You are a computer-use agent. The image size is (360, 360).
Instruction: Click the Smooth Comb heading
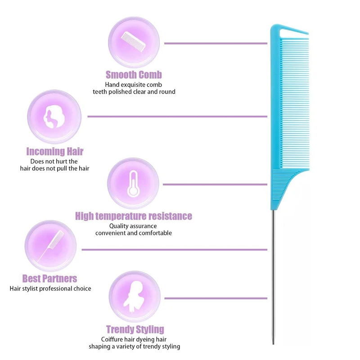tap(134, 75)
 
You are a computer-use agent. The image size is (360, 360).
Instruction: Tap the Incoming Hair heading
tap(54, 152)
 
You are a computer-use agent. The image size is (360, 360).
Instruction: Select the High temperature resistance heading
tap(133, 216)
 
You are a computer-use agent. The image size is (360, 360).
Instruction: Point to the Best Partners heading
tap(49, 279)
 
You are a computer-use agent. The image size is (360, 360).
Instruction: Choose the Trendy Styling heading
tap(135, 329)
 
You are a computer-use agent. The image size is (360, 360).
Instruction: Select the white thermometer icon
tap(133, 183)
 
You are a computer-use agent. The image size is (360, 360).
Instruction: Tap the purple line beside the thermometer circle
tap(215, 184)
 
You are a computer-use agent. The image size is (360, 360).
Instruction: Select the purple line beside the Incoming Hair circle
tap(177, 117)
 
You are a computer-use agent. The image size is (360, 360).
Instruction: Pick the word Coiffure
tap(113, 339)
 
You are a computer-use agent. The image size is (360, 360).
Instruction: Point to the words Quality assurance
tap(133, 226)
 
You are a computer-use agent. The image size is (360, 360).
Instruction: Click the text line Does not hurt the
tap(54, 161)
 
